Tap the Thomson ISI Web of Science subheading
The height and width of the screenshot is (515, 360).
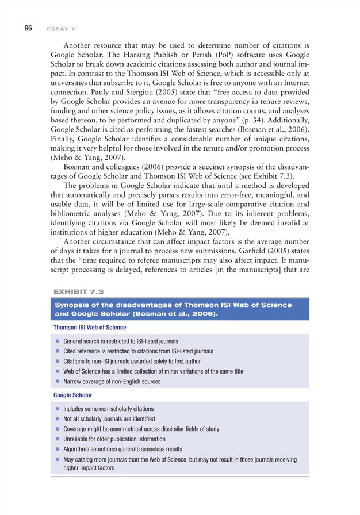(x=90, y=327)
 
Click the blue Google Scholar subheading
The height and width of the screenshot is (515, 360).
(x=72, y=396)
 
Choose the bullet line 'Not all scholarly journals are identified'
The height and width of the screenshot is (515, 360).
(x=109, y=419)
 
